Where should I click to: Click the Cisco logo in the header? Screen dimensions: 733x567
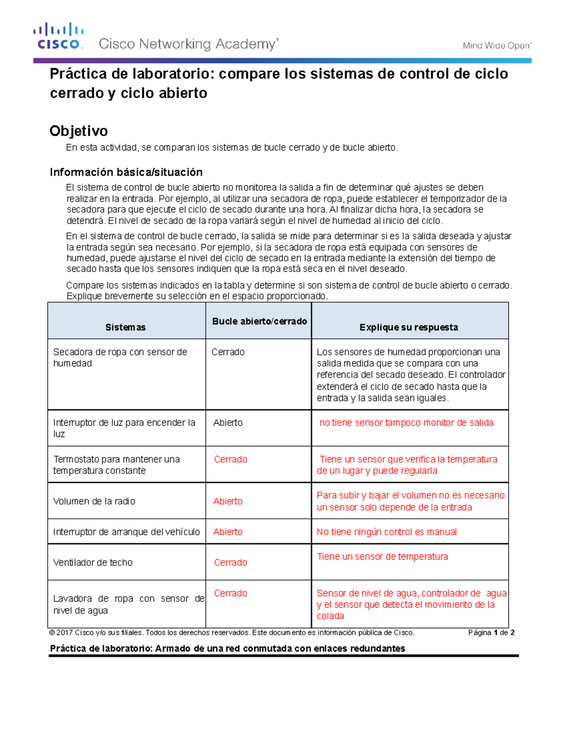(x=59, y=36)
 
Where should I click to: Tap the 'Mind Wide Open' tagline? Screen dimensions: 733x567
(x=497, y=46)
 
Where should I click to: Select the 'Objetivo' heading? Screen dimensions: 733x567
(x=78, y=131)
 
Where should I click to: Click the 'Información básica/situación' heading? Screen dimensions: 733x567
(x=126, y=172)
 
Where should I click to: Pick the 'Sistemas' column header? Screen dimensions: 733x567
(x=125, y=327)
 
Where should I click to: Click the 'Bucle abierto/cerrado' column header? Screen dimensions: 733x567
(x=259, y=321)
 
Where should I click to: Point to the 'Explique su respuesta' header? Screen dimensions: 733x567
(x=408, y=327)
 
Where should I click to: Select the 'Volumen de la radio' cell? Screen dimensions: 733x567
(x=94, y=501)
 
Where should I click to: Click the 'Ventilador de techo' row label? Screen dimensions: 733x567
(x=93, y=563)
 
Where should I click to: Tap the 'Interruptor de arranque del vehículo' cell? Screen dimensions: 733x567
(x=126, y=532)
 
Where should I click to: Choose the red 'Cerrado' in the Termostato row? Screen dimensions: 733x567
(x=231, y=459)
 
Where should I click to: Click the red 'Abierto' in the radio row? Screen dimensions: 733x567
(x=228, y=501)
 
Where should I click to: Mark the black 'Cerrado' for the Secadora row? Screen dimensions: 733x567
(x=228, y=352)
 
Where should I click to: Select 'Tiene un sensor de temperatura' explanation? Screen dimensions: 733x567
(x=382, y=556)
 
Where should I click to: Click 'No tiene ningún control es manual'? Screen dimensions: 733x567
(x=387, y=532)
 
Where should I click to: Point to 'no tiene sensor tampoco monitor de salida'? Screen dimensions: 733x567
(x=406, y=423)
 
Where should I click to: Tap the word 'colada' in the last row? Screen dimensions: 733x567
(x=330, y=616)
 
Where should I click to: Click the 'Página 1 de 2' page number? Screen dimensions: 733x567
(x=491, y=632)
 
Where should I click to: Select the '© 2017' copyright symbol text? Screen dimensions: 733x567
(x=61, y=632)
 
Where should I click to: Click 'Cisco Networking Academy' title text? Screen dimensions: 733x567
(x=188, y=44)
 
